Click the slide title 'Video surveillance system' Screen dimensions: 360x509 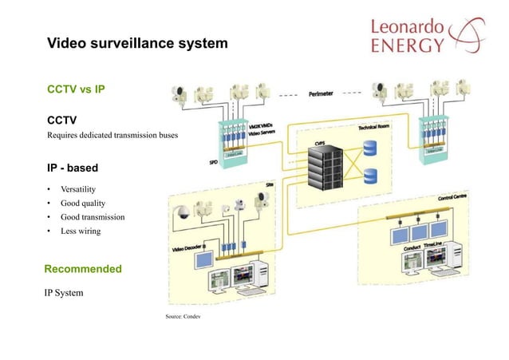pyautogui.click(x=137, y=42)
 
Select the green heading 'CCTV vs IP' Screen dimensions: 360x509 pyautogui.click(x=77, y=89)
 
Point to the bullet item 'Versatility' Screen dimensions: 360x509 pyautogui.click(x=78, y=189)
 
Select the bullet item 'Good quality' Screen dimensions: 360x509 pyautogui.click(x=83, y=203)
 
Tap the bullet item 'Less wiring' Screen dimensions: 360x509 pyautogui.click(x=81, y=231)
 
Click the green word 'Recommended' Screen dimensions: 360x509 pyautogui.click(x=83, y=269)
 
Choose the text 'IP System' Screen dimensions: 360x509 pyautogui.click(x=64, y=293)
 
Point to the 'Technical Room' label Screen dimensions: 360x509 pyautogui.click(x=378, y=127)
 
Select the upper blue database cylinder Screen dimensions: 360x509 pyautogui.click(x=370, y=148)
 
